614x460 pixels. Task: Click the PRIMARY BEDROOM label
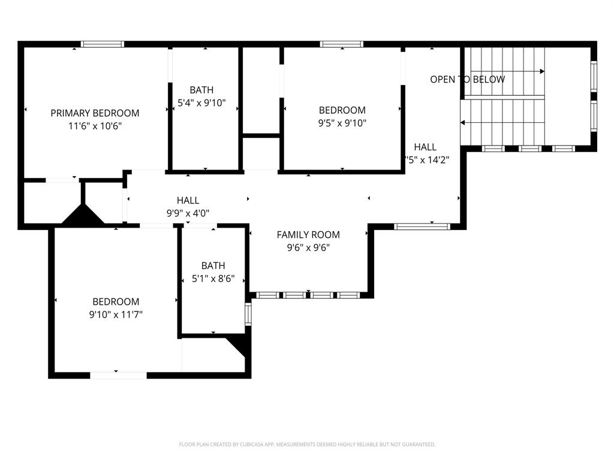click(x=95, y=113)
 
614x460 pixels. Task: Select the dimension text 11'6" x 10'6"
click(x=95, y=126)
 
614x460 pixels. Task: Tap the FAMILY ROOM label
click(x=308, y=235)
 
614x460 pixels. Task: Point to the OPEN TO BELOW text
click(x=467, y=79)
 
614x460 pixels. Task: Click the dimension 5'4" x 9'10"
click(x=201, y=103)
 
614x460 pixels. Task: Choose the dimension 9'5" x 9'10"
click(x=342, y=123)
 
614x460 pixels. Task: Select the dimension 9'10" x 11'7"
click(x=116, y=314)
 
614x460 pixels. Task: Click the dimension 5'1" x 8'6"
click(x=213, y=279)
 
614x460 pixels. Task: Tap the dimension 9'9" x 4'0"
click(x=188, y=213)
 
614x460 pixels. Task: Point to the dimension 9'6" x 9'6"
click(x=308, y=248)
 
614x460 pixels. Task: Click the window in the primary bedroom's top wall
click(x=103, y=44)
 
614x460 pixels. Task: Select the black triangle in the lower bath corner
click(x=238, y=346)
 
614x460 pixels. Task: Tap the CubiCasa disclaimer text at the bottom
click(x=307, y=444)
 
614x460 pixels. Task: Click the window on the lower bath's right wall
click(x=248, y=314)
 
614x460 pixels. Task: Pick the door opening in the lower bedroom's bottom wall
click(x=118, y=376)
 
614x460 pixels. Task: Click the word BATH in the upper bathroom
click(x=201, y=90)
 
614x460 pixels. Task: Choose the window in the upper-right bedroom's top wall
click(x=342, y=44)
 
